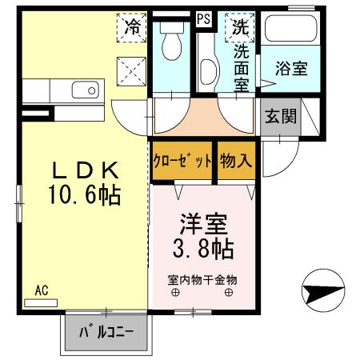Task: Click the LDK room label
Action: [86, 170]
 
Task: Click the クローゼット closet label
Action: [182, 159]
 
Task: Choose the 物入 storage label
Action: [236, 159]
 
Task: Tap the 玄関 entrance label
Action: [279, 118]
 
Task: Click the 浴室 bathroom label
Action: [292, 69]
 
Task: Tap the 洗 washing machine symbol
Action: [240, 26]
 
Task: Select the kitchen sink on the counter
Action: [82, 90]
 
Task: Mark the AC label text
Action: [42, 292]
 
